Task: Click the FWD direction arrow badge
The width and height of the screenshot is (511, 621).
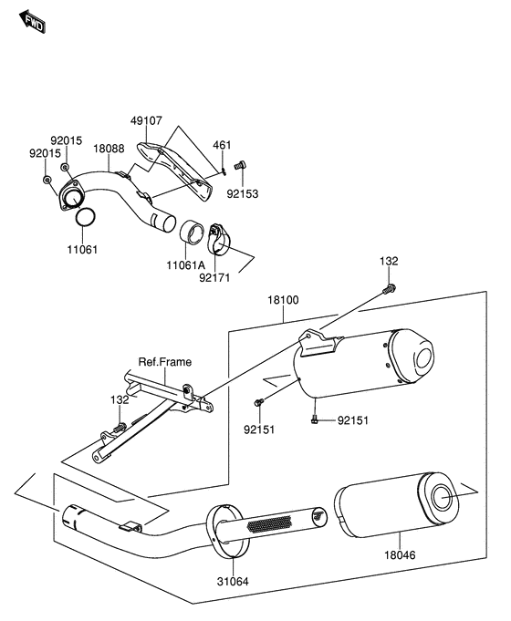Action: pos(34,23)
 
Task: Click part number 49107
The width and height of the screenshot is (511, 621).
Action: pos(146,119)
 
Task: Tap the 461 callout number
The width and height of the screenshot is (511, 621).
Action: pos(222,145)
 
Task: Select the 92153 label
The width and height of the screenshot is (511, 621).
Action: pos(242,194)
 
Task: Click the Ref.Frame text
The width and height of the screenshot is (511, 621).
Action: pos(165,362)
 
